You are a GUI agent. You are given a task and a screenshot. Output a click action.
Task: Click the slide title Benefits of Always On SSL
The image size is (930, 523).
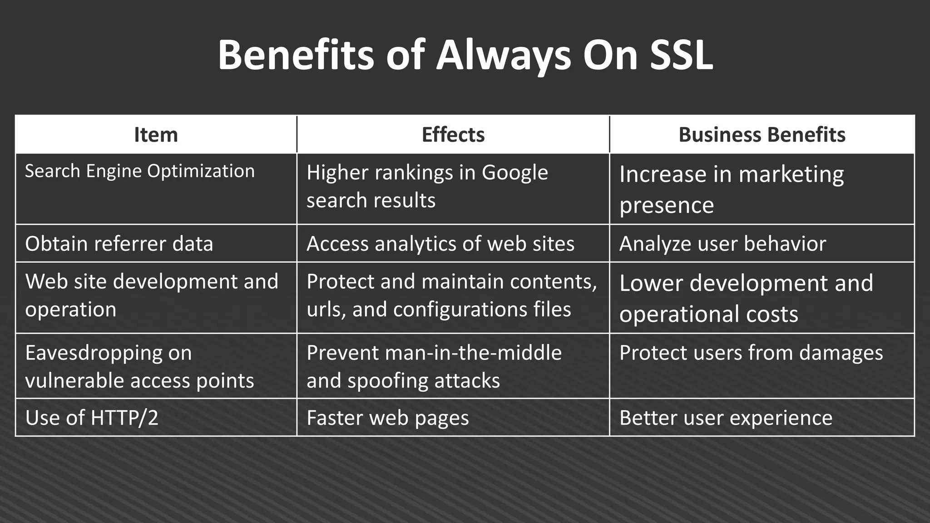[465, 55]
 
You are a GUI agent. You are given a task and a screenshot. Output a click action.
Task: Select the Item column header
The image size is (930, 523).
[156, 135]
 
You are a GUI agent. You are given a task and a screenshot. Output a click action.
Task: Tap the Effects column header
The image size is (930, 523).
[453, 135]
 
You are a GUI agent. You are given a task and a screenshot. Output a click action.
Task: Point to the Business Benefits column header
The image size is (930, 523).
[762, 135]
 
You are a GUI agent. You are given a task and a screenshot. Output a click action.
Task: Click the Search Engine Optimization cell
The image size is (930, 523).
[139, 171]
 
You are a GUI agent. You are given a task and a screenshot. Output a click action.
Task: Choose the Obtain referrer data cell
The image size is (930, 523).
[119, 244]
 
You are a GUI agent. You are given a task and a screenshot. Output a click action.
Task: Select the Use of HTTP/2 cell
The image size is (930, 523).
[92, 418]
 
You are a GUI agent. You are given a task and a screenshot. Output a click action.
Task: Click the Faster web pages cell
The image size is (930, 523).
[387, 418]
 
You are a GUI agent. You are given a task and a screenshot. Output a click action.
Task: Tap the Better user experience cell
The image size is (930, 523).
[726, 418]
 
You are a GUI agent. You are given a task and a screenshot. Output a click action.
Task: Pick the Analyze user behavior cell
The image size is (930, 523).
[722, 244]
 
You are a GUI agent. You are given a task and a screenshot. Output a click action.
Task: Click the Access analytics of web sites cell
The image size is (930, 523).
[440, 244]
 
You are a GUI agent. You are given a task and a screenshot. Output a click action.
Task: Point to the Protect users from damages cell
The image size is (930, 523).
[751, 353]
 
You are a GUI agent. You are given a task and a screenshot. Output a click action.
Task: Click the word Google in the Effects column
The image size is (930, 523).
[514, 173]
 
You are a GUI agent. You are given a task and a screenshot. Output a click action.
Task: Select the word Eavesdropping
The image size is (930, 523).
[108, 353]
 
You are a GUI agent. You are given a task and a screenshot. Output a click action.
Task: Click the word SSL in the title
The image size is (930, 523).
[681, 55]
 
